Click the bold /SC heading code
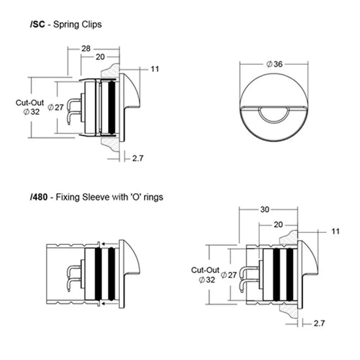pyautogui.click(x=38, y=24)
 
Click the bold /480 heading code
pyautogui.click(x=39, y=197)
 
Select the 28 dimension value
pyautogui.click(x=86, y=48)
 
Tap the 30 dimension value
pyautogui.click(x=264, y=209)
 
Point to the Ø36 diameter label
pyautogui.click(x=274, y=64)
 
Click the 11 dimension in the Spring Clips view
pyautogui.click(x=155, y=69)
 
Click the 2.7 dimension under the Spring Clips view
pyautogui.click(x=137, y=158)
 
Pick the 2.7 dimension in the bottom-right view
pyautogui.click(x=319, y=323)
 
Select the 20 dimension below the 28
pyautogui.click(x=100, y=57)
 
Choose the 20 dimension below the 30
pyautogui.click(x=278, y=225)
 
